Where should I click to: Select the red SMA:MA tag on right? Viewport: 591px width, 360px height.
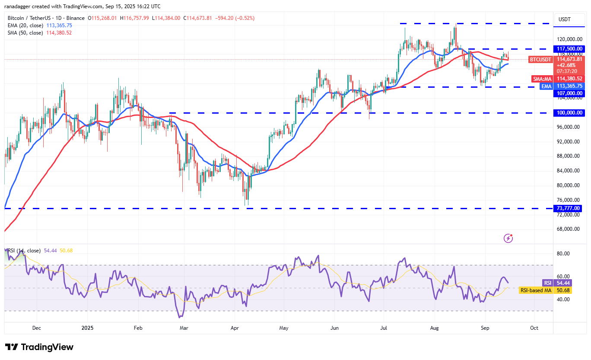point(541,79)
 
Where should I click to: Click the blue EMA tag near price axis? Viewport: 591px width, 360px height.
point(547,86)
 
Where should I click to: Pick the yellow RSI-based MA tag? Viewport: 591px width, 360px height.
point(535,290)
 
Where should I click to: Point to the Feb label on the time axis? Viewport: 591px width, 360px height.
point(138,328)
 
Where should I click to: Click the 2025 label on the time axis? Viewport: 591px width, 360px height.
point(87,328)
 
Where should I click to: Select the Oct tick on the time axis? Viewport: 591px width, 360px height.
point(534,328)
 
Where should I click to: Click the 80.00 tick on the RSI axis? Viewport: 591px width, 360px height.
point(562,254)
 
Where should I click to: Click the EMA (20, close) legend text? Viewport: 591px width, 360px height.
point(25,25)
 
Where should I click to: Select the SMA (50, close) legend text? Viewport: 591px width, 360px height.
point(25,32)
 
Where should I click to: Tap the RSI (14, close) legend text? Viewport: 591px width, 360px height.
point(24,251)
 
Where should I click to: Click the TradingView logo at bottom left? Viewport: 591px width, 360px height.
point(39,347)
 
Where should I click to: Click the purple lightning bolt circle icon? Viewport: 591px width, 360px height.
point(508,238)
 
